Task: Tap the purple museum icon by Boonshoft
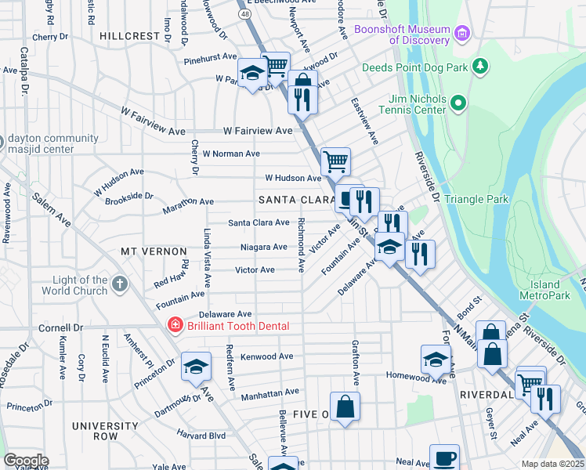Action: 463,34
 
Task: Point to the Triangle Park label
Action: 476,199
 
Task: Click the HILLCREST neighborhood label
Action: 130,36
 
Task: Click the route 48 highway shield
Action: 246,13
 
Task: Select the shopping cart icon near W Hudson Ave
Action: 335,161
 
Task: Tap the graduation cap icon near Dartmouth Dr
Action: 196,366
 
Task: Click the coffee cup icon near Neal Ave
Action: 444,457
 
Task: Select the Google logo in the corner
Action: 25,461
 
